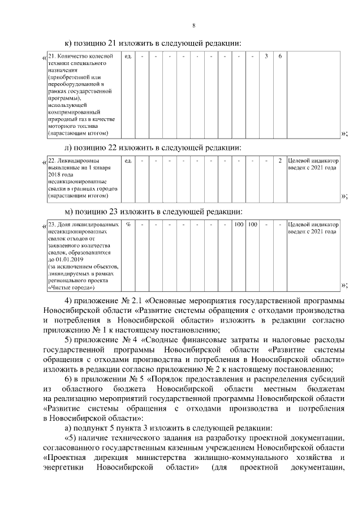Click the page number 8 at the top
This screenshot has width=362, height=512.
tap(194, 25)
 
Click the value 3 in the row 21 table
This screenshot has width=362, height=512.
tap(266, 57)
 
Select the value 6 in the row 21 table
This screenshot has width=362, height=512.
tap(280, 57)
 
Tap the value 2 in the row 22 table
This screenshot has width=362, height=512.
tap(280, 161)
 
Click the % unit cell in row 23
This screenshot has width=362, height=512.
tap(128, 225)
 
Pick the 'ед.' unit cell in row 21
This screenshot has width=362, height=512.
tap(128, 57)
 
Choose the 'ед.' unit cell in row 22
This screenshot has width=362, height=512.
tap(128, 161)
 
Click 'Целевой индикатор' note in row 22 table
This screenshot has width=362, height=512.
tap(313, 161)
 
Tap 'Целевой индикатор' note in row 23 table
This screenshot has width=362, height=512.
tap(313, 225)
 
